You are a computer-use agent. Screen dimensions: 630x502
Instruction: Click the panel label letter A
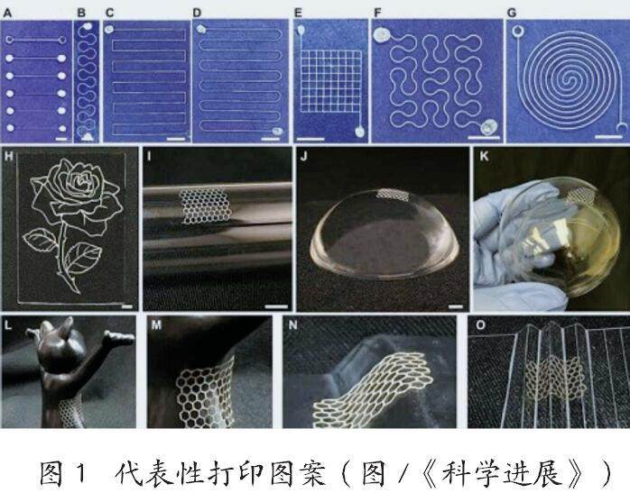pyautogui.click(x=7, y=14)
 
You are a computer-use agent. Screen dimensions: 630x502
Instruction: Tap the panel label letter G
pyautogui.click(x=512, y=14)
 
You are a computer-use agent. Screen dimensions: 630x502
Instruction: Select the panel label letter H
pyautogui.click(x=8, y=157)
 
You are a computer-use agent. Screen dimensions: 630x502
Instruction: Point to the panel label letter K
pyautogui.click(x=484, y=156)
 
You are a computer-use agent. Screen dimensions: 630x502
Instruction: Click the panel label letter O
pyautogui.click(x=480, y=325)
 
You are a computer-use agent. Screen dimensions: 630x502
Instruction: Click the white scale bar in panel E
pyautogui.click(x=310, y=139)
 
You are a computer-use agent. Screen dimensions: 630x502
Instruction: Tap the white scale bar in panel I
pyautogui.click(x=276, y=307)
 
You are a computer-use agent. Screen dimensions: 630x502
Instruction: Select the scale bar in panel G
pyautogui.click(x=608, y=137)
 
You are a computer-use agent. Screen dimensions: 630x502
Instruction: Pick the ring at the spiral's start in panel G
pyautogui.click(x=519, y=32)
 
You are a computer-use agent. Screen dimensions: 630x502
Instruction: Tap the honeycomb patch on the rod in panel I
pyautogui.click(x=204, y=205)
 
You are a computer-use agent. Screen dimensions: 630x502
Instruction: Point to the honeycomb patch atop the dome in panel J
pyautogui.click(x=392, y=194)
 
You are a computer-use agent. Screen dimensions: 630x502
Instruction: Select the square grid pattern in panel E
pyautogui.click(x=331, y=80)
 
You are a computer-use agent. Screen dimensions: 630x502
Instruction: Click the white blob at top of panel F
pyautogui.click(x=381, y=35)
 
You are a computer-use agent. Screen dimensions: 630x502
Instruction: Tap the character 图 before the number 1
pyautogui.click(x=51, y=474)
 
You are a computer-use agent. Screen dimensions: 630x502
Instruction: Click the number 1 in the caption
pyautogui.click(x=80, y=474)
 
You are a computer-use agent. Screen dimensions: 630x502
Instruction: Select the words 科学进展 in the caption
pyautogui.click(x=502, y=474)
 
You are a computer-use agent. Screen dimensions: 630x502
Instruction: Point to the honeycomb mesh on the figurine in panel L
pyautogui.click(x=71, y=412)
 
